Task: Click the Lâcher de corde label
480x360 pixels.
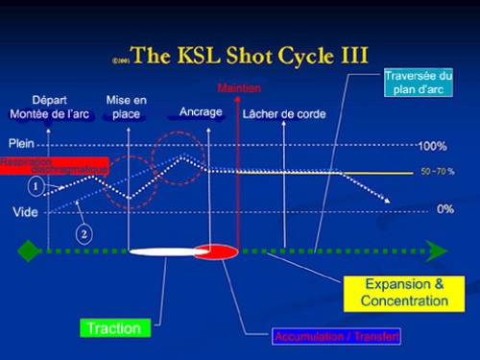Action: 284,114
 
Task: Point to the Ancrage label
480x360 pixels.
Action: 201,112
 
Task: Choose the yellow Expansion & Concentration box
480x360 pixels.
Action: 404,292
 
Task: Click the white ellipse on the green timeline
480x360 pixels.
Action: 163,252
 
